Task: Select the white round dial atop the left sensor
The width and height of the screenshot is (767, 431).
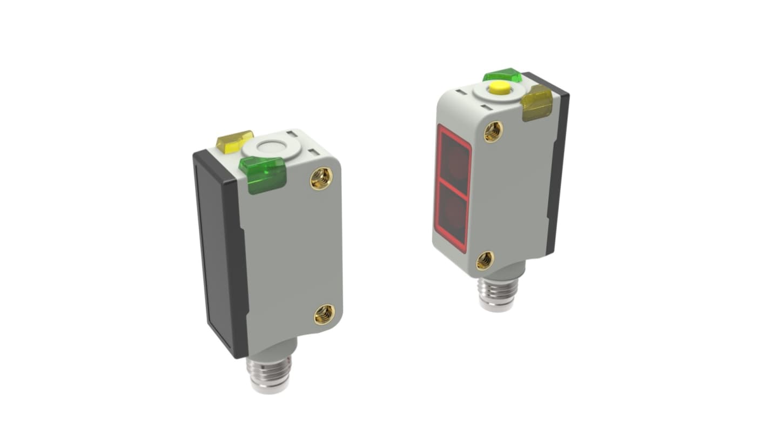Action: click(271, 147)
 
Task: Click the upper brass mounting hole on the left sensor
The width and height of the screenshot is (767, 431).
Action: click(321, 179)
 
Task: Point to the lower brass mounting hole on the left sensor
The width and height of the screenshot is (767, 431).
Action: click(324, 313)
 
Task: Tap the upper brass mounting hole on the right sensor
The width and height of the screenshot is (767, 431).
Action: click(493, 131)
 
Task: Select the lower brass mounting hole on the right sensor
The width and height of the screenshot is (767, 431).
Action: click(485, 260)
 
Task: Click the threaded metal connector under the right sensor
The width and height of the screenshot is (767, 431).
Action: click(497, 294)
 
